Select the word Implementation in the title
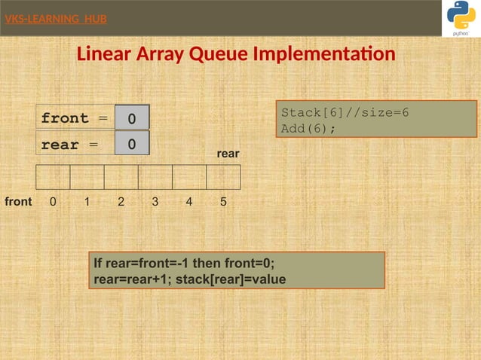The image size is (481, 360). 324,55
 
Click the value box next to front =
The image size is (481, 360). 132,118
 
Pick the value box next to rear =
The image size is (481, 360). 132,144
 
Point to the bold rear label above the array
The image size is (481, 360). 228,154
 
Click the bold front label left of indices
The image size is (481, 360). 18,202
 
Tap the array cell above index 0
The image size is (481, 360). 53,177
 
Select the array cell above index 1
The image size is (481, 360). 87,177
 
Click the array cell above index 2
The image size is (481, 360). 121,177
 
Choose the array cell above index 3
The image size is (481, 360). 155,177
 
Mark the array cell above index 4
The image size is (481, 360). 189,177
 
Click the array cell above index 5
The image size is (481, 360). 223,177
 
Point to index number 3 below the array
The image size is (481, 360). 155,202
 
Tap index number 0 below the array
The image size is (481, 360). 52,202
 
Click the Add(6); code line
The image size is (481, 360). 308,128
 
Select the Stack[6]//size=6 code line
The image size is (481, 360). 345,113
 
